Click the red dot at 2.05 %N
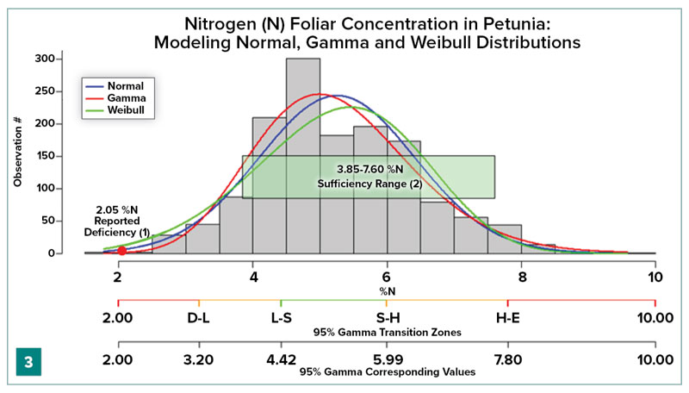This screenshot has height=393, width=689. pyautogui.click(x=121, y=251)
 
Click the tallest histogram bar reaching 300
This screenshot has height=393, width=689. pyautogui.click(x=303, y=155)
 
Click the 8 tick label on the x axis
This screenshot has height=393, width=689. pyautogui.click(x=522, y=278)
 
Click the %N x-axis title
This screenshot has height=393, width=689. pyautogui.click(x=386, y=290)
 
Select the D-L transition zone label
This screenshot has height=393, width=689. pyautogui.click(x=200, y=318)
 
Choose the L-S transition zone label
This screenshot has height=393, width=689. pyautogui.click(x=282, y=318)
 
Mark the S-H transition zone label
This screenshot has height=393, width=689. pyautogui.click(x=387, y=318)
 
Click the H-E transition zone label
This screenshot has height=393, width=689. pyautogui.click(x=508, y=318)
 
